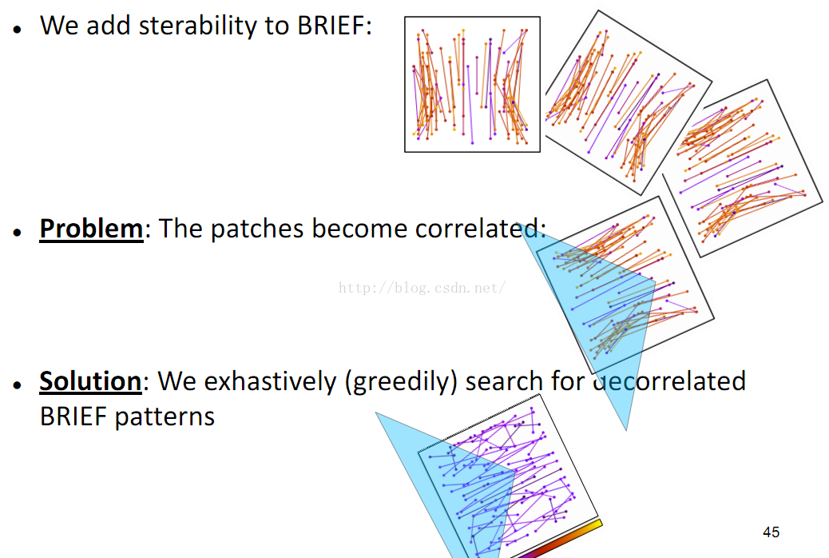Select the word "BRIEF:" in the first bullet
[335, 25]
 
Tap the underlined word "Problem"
[91, 229]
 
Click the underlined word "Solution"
[90, 381]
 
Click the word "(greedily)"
[401, 381]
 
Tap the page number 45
[771, 532]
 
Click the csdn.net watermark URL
[422, 288]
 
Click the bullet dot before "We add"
[18, 29]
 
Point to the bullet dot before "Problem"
[18, 232]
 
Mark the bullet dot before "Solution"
[18, 385]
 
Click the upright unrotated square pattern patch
[472, 84]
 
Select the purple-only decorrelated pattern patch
[508, 476]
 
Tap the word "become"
[356, 229]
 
